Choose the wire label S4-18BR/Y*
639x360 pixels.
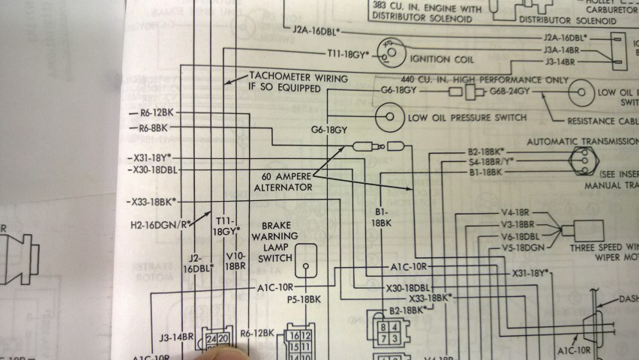point(481,160)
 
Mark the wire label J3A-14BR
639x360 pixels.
point(565,50)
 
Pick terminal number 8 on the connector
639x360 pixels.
point(382,327)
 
